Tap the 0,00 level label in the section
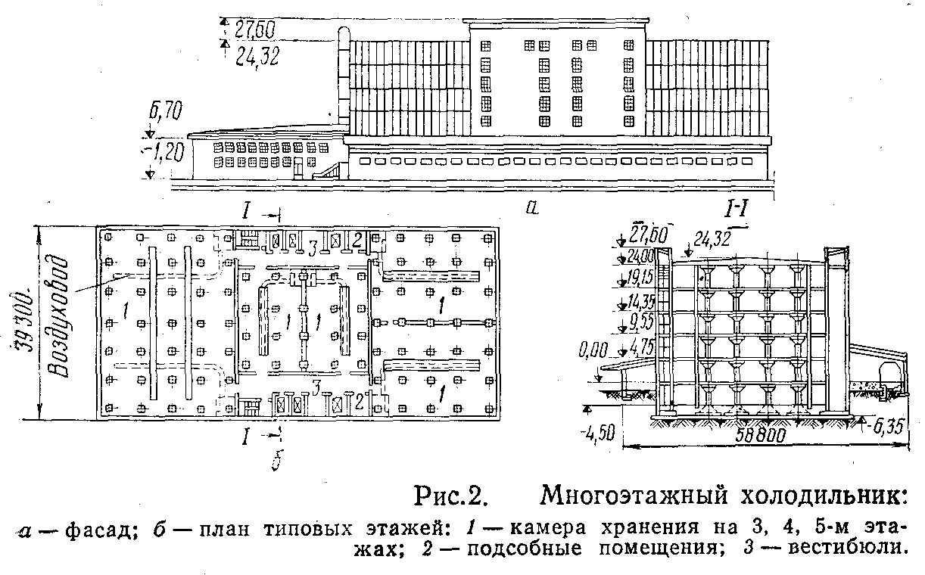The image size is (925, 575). click(x=593, y=350)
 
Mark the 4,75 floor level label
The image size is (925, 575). click(x=641, y=348)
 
